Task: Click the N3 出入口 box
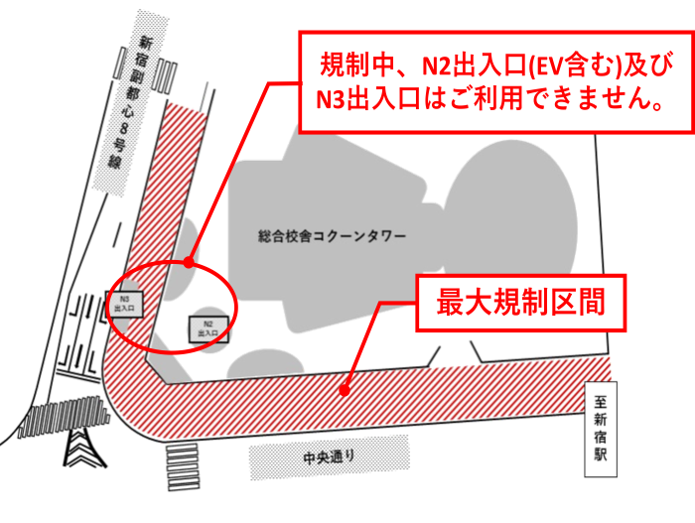pyautogui.click(x=124, y=304)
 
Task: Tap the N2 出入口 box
pyautogui.click(x=208, y=329)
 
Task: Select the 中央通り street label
pyautogui.click(x=330, y=458)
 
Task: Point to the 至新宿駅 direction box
pyautogui.click(x=601, y=429)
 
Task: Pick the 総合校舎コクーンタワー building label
pyautogui.click(x=332, y=236)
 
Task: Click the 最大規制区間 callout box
pyautogui.click(x=521, y=303)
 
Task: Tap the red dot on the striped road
pyautogui.click(x=345, y=390)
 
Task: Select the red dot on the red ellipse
pyautogui.click(x=189, y=263)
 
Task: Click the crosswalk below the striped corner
pyautogui.click(x=184, y=466)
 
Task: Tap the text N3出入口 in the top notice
pyautogui.click(x=367, y=99)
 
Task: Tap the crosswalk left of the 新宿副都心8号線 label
pyautogui.click(x=121, y=63)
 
